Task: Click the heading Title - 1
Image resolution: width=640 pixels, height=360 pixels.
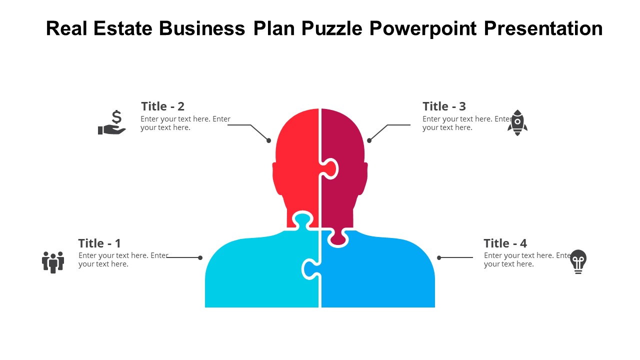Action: click(x=99, y=243)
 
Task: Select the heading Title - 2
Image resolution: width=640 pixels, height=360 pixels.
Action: click(x=162, y=106)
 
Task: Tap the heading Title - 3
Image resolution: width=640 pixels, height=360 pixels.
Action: click(x=444, y=106)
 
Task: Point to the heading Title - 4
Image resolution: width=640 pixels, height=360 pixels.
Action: click(x=505, y=243)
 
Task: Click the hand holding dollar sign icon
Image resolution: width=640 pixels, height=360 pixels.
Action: click(x=112, y=123)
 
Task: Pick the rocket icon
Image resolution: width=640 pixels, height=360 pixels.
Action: click(x=517, y=122)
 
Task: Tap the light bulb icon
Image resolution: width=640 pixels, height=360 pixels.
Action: click(x=578, y=261)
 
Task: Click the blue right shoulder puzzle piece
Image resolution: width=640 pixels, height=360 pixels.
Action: click(x=380, y=275)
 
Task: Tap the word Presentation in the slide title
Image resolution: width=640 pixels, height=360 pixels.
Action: click(x=543, y=28)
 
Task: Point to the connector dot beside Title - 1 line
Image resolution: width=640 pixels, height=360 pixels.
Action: click(x=200, y=258)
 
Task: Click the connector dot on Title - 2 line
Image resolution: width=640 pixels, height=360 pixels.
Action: click(x=269, y=140)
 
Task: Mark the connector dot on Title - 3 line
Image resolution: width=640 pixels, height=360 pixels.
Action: click(x=369, y=140)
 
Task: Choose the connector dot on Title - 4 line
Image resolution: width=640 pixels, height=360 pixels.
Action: click(x=439, y=258)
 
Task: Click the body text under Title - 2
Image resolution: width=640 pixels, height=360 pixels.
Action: click(x=185, y=123)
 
